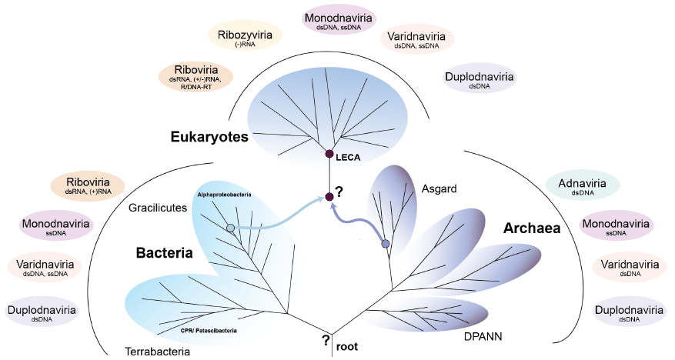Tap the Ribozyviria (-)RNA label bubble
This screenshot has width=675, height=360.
[245, 38]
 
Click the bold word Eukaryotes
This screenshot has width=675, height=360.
[209, 138]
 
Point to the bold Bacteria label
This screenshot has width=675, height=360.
[164, 253]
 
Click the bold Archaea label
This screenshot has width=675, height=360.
[530, 228]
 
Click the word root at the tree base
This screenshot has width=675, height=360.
[349, 345]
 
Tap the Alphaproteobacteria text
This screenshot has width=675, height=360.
[225, 195]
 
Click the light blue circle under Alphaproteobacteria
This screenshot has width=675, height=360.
[229, 228]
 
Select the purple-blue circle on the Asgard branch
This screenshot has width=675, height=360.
[386, 244]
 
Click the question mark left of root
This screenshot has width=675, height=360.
[326, 340]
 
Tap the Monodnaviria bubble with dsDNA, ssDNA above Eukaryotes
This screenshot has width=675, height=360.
[339, 21]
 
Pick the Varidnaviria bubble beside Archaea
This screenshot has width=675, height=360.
[630, 266]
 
